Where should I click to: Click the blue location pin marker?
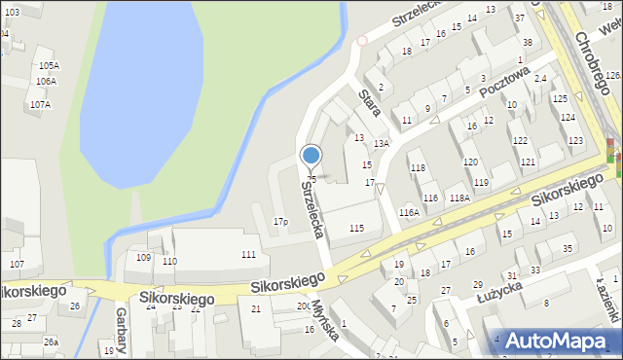click(x=311, y=156)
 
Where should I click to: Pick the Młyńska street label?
click(x=325, y=320)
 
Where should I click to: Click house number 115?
click(x=356, y=228)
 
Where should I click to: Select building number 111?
click(x=248, y=254)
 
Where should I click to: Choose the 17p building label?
click(x=280, y=222)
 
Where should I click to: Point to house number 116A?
click(x=409, y=212)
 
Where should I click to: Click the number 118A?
click(x=459, y=198)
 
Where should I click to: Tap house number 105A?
click(x=48, y=65)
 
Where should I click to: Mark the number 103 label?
click(x=11, y=11)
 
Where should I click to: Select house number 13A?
click(x=382, y=143)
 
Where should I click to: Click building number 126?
click(x=612, y=75)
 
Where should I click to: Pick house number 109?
click(x=143, y=257)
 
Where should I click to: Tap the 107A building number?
click(x=40, y=104)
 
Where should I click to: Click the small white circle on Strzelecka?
click(x=362, y=41)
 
